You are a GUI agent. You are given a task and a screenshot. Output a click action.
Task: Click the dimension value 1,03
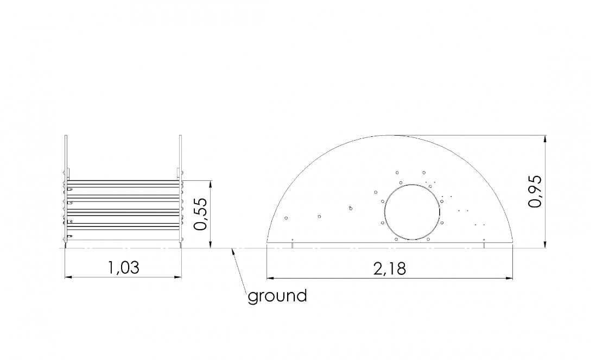(124, 268)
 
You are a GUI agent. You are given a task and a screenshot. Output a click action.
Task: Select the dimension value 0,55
(200, 214)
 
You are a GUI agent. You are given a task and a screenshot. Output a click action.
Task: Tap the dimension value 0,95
(535, 191)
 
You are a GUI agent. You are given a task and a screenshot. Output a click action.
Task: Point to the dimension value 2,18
(390, 269)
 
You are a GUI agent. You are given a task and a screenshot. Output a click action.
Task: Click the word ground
(277, 296)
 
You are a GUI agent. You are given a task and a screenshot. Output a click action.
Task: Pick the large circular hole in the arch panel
(412, 212)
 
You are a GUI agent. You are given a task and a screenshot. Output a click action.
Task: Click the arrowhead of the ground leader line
(234, 252)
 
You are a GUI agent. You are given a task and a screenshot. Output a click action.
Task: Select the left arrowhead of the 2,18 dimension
(270, 279)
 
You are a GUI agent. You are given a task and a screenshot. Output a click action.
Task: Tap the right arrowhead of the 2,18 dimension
(509, 279)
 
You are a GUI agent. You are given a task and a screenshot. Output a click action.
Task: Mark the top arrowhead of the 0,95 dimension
(545, 139)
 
